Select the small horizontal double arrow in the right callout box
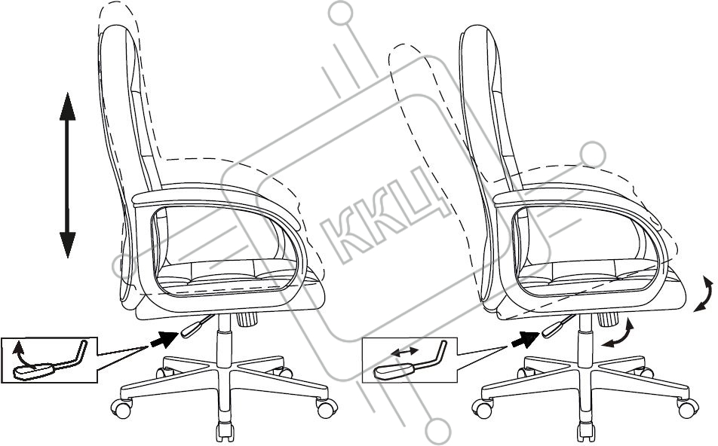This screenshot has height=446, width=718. click(405, 352)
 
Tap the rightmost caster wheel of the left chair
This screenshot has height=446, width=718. click(325, 409)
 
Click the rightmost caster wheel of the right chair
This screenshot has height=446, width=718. click(686, 409)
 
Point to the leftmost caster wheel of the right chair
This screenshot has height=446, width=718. click(480, 409)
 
